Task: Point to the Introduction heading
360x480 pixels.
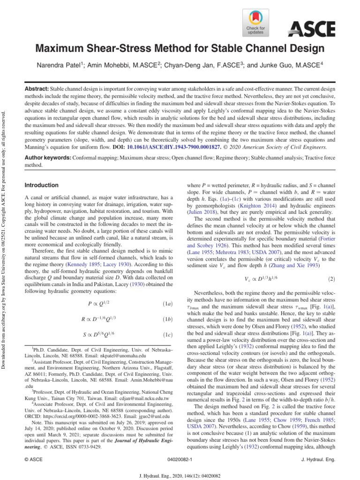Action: click(x=41, y=185)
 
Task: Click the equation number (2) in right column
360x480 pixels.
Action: click(x=331, y=279)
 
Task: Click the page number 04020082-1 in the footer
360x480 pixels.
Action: click(x=180, y=460)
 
